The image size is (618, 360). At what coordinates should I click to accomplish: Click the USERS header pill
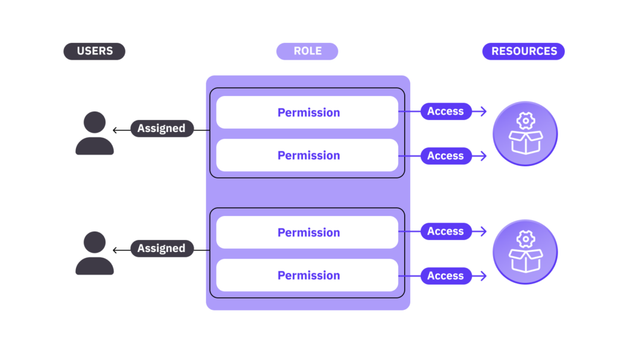[x=94, y=51]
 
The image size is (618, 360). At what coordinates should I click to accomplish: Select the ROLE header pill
[x=307, y=51]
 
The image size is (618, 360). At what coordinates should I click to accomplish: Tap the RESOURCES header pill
[x=523, y=51]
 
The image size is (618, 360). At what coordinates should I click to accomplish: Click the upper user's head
[x=95, y=122]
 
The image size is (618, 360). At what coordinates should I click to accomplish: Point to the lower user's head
[x=95, y=242]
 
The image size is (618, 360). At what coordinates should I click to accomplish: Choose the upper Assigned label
[x=162, y=128]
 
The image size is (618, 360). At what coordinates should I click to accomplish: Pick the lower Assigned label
[x=162, y=248]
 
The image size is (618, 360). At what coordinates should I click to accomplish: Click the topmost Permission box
[x=307, y=112]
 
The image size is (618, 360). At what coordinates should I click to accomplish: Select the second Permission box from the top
[x=307, y=155]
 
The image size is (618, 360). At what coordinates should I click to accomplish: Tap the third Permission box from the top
[x=307, y=232]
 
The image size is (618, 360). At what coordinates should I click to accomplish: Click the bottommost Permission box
[x=307, y=276]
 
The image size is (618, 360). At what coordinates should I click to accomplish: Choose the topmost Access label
[x=446, y=112]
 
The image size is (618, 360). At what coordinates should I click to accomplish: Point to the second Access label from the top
[x=446, y=156]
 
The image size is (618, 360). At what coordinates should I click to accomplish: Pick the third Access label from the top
[x=446, y=231]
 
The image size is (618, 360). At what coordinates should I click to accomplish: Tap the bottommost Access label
[x=446, y=276]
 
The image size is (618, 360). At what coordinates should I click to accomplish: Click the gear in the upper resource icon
[x=526, y=121]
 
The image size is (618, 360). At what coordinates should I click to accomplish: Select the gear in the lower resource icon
[x=526, y=239]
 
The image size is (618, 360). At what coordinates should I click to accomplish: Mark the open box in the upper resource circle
[x=526, y=142]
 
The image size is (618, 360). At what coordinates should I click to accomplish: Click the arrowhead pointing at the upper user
[x=115, y=130]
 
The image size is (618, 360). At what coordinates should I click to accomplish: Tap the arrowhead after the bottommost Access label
[x=483, y=276]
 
